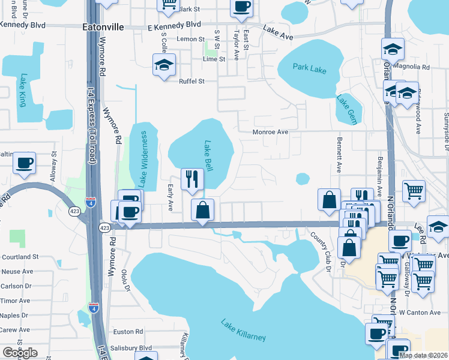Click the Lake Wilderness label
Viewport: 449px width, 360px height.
tap(143, 160)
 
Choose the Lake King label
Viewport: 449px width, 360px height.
tap(23, 89)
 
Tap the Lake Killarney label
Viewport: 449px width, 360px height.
tap(243, 329)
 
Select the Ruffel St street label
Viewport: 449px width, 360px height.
tap(191, 82)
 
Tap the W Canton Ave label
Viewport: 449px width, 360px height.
tap(420, 312)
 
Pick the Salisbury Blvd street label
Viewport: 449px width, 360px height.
tap(133, 348)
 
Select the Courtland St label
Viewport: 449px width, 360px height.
tap(19, 256)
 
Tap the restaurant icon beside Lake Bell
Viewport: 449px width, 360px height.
tap(193, 179)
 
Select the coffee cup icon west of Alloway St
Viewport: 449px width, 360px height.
tap(25, 163)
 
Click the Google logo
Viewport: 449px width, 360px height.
tap(20, 353)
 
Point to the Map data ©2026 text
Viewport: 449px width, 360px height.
tap(424, 355)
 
